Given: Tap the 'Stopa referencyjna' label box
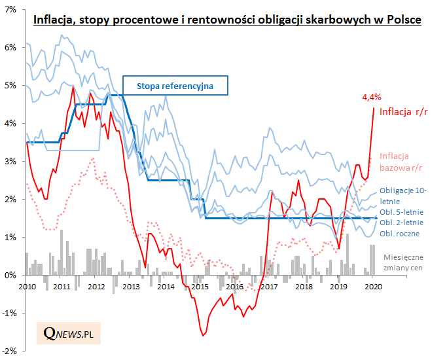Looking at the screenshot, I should (175, 85).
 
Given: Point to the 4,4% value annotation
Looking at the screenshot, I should (372, 98).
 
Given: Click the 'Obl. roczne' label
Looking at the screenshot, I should (399, 233).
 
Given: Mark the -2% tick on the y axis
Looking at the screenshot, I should (9, 351).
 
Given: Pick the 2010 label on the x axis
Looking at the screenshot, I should (27, 287).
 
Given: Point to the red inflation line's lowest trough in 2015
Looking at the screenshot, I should (203, 336).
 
